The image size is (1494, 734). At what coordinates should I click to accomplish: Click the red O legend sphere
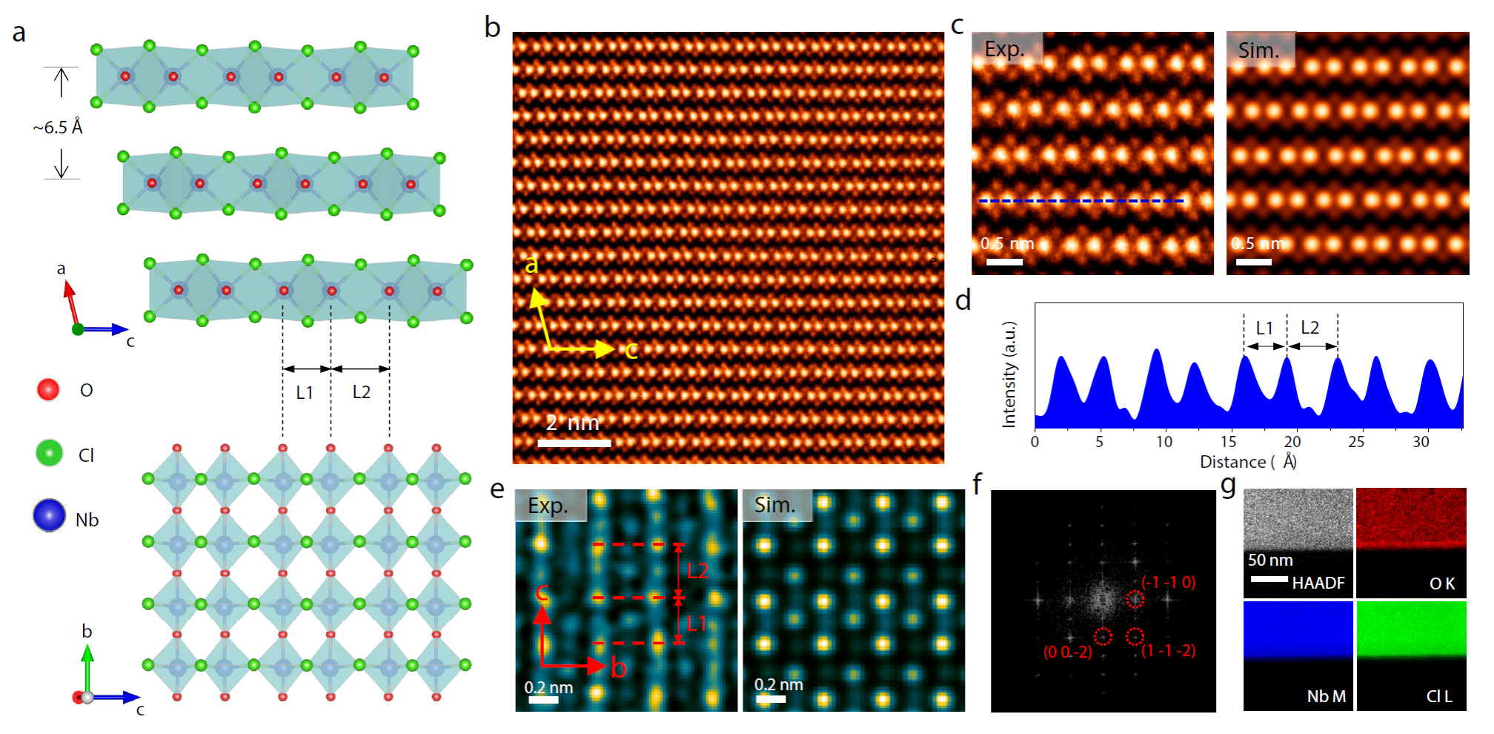tap(48, 389)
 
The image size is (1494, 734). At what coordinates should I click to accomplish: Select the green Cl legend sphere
tap(50, 452)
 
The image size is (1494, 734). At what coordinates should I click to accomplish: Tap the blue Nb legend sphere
tap(49, 515)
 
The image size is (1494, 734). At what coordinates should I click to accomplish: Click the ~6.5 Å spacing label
tap(58, 128)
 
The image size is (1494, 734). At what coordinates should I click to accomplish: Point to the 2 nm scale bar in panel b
tap(574, 443)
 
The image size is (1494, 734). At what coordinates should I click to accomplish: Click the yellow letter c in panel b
tap(631, 350)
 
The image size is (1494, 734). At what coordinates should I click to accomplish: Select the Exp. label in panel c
tap(1004, 49)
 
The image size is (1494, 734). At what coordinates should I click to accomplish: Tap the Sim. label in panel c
tap(1258, 50)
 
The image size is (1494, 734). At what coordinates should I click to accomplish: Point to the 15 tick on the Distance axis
tap(1228, 442)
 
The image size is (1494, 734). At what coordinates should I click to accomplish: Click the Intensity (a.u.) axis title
tap(1009, 374)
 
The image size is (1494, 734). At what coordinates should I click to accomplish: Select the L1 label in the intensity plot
tap(1264, 328)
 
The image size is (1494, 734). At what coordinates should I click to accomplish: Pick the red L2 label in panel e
tap(697, 571)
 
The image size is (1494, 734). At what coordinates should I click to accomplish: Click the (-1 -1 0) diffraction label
tap(1168, 582)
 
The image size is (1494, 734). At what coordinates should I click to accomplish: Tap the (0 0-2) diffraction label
tap(1067, 652)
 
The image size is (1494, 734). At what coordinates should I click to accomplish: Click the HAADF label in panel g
tap(1318, 583)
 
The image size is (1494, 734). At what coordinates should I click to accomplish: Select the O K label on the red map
tap(1441, 584)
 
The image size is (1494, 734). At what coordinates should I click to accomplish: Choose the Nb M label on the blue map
tap(1326, 697)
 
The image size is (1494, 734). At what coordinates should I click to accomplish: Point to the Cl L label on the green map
tap(1439, 697)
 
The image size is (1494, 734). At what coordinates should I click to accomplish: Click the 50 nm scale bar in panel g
tap(1269, 578)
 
